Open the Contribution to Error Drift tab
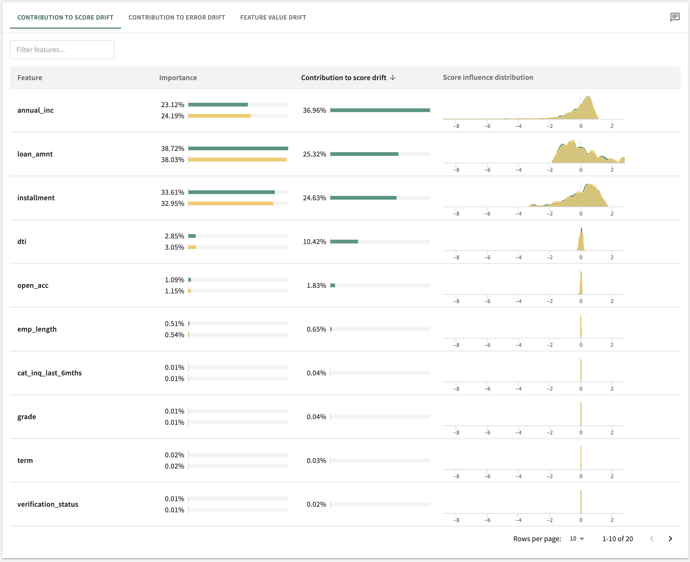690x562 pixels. point(176,17)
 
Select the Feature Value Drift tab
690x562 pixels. point(273,17)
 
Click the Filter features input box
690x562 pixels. point(62,50)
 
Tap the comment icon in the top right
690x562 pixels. point(675,17)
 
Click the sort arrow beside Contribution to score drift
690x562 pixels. point(393,78)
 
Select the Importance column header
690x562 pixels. point(178,78)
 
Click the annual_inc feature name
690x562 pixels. point(35,111)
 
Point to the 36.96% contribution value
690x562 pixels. point(314,111)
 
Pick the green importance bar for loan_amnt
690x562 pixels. point(238,149)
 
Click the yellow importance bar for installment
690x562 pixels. point(230,204)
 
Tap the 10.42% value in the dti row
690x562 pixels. point(314,242)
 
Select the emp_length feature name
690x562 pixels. point(37,329)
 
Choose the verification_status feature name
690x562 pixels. point(48,504)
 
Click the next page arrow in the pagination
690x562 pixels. point(670,539)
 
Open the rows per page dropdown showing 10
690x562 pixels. point(577,539)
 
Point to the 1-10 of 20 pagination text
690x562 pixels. point(617,539)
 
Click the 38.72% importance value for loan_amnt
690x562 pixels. point(172,149)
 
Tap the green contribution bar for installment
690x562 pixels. point(363,198)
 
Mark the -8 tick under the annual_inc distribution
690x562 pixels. point(456,126)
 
